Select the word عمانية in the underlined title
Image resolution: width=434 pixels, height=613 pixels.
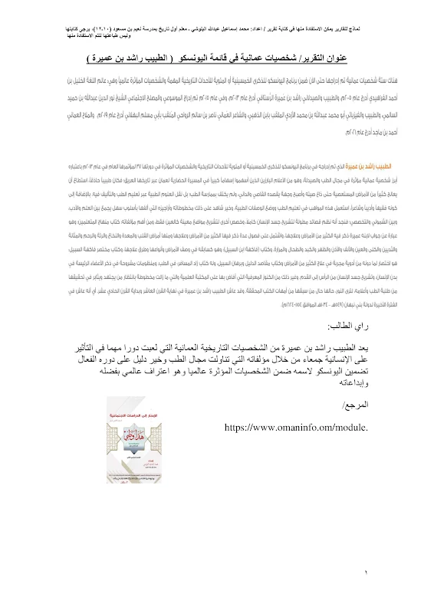pos(261,58)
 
